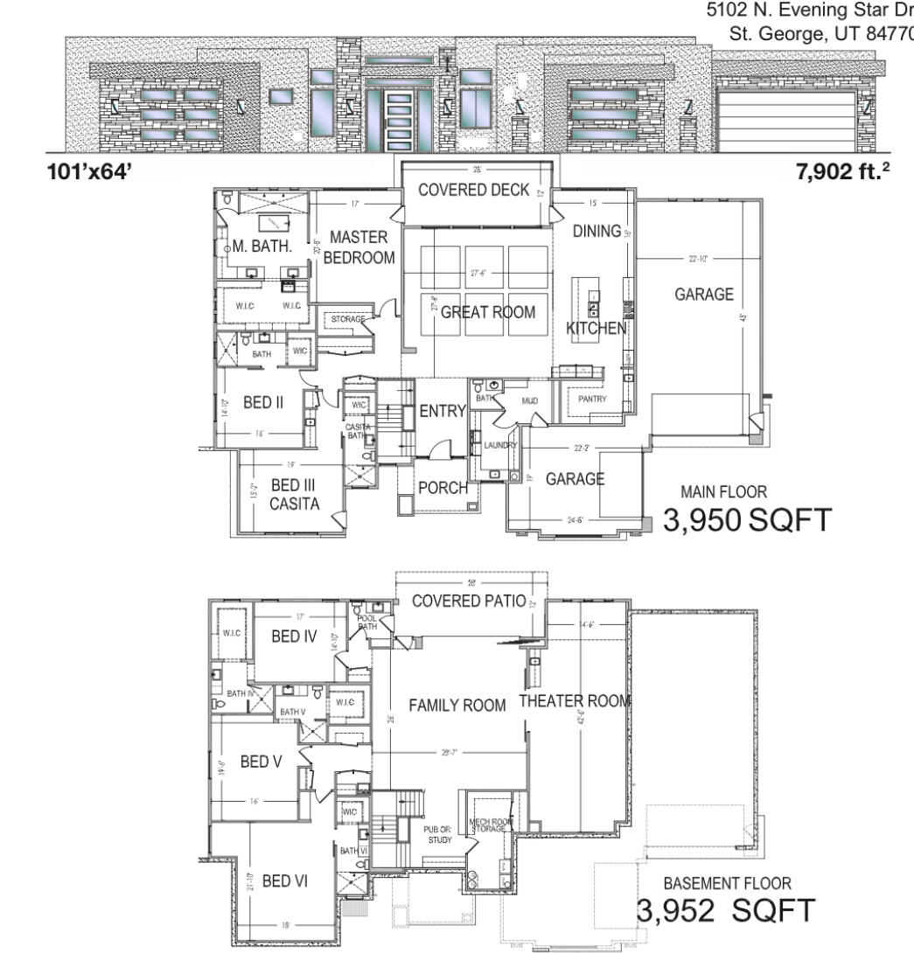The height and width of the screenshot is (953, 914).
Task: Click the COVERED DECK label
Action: (x=473, y=191)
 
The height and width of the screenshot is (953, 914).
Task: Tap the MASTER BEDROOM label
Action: (x=359, y=247)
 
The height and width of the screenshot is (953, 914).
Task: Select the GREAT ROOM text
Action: (x=487, y=312)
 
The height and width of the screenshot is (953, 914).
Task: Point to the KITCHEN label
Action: (x=596, y=329)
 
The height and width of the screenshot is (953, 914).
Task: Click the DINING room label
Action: (x=596, y=231)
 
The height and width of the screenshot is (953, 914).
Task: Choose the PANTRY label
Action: (x=592, y=399)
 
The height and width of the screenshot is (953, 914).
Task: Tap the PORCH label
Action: (x=443, y=488)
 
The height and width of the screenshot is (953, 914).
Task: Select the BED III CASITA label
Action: (x=294, y=494)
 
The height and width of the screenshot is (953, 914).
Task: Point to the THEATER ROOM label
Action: (x=575, y=701)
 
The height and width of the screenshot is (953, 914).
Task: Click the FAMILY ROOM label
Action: (x=457, y=706)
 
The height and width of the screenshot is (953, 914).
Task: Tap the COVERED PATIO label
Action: (x=469, y=602)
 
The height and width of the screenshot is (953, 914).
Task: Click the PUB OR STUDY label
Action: (x=437, y=834)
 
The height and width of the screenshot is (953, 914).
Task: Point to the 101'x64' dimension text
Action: (x=88, y=172)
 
